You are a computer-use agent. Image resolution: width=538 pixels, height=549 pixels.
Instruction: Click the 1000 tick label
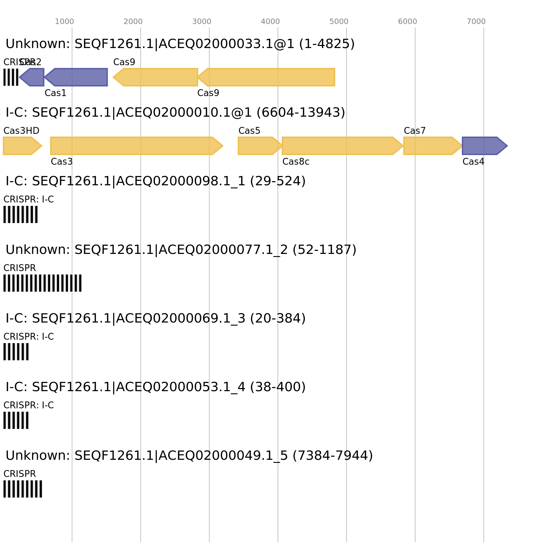point(64,22)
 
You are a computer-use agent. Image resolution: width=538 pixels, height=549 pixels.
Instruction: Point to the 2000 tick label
point(133,22)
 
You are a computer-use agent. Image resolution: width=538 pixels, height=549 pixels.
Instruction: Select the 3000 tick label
point(201,22)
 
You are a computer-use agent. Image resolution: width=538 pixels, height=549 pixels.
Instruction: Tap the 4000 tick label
point(270,22)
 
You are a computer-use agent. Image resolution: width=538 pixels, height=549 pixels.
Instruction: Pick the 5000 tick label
point(339,22)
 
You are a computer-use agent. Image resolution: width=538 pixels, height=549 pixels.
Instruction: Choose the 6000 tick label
point(407,22)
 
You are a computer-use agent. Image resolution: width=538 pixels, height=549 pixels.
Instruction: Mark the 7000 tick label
point(476,22)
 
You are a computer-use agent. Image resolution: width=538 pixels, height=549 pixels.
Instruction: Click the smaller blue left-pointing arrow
point(33,77)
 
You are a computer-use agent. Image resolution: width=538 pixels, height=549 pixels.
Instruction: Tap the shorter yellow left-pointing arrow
point(156,77)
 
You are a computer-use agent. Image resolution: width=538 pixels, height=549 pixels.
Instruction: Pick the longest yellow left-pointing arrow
point(268,77)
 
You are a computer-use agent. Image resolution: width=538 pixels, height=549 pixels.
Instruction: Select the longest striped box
point(43,283)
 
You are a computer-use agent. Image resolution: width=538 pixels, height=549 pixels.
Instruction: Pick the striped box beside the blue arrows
point(11,77)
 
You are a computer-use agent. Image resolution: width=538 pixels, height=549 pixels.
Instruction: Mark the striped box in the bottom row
point(23,489)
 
